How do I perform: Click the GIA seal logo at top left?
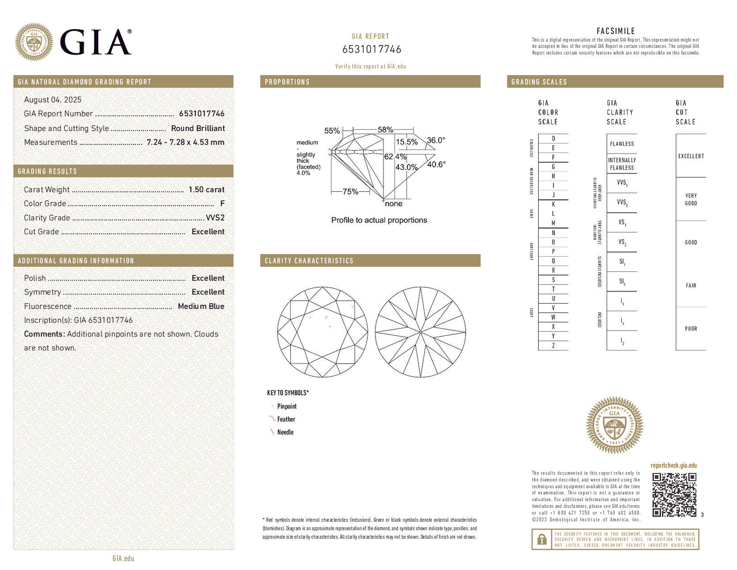point(34,42)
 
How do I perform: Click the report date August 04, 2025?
point(53,100)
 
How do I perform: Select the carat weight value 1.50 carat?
point(206,189)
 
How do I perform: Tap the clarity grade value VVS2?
point(215,217)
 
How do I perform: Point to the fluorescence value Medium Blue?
point(201,306)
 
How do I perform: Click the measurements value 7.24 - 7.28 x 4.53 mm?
point(185,142)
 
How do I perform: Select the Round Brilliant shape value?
point(198,129)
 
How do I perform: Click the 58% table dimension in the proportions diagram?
point(385,130)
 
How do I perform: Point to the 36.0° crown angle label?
point(436,140)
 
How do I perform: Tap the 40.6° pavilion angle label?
point(436,164)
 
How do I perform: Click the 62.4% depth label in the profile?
point(395,157)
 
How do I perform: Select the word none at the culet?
point(393,204)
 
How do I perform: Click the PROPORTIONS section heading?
point(287,82)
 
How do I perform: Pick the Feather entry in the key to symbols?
point(286,419)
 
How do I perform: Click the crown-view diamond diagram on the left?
point(322,332)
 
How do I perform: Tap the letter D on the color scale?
point(553,139)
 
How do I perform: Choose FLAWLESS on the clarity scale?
point(622,144)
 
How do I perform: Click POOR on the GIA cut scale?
point(691,329)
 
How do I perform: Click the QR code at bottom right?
point(674,494)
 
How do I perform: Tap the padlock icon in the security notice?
point(542,539)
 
